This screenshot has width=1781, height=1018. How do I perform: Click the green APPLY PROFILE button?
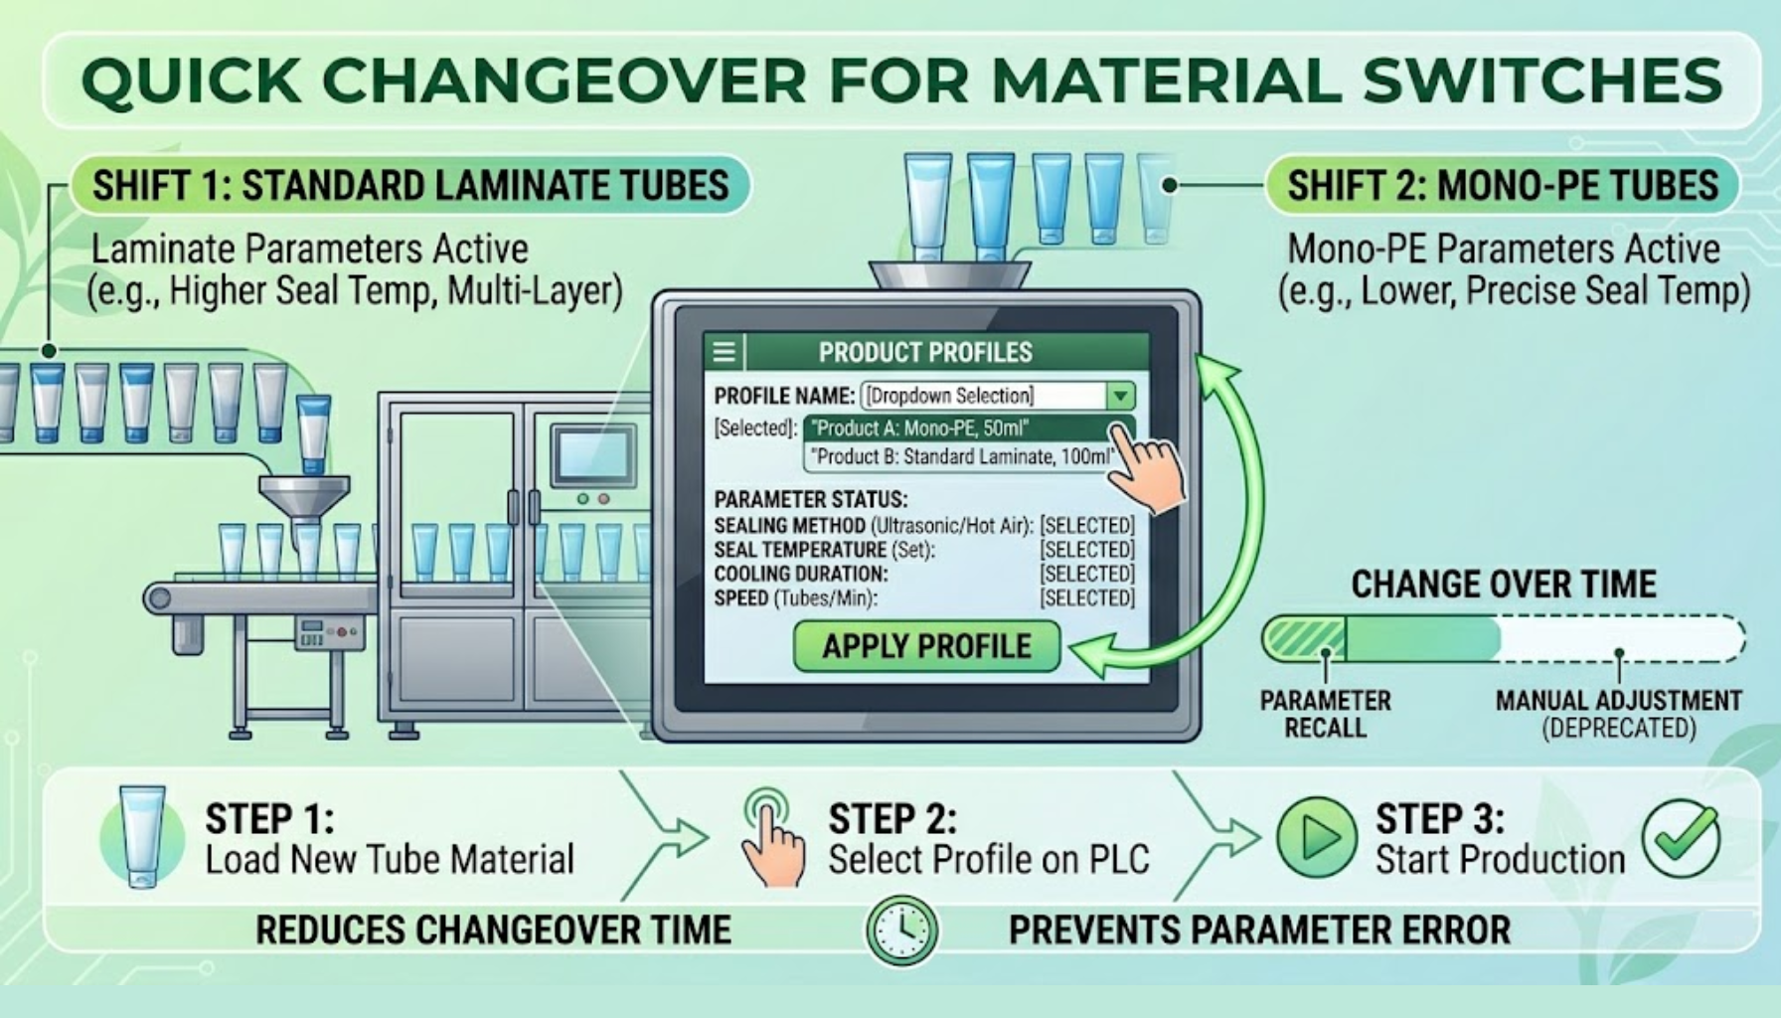tap(926, 646)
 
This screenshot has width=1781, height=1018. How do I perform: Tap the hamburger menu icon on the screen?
tap(725, 352)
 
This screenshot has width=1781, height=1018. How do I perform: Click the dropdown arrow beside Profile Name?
tap(1120, 396)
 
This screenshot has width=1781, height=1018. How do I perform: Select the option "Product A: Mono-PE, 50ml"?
tap(918, 428)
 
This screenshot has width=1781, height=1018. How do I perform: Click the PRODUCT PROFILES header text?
tap(925, 352)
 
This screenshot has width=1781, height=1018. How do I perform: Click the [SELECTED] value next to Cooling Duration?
tap(1087, 574)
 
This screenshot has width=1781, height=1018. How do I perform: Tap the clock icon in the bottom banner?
tap(901, 931)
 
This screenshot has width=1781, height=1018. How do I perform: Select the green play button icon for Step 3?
tap(1317, 837)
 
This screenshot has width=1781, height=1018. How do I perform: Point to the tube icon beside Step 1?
tap(142, 836)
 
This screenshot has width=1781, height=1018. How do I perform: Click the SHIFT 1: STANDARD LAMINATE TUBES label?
tap(410, 186)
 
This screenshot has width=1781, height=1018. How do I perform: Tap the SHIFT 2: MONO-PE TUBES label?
tap(1503, 186)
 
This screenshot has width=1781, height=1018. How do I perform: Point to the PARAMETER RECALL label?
tap(1325, 714)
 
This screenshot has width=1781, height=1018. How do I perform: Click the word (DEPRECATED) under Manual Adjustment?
tap(1618, 728)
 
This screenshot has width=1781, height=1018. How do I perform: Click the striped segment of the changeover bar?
tap(1304, 638)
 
